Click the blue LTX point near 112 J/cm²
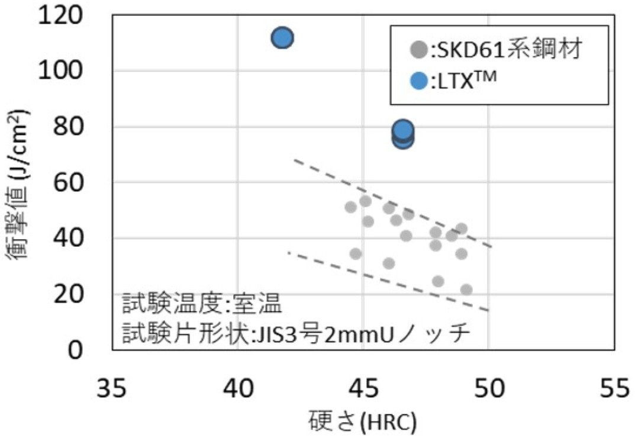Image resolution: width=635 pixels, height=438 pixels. coord(282,38)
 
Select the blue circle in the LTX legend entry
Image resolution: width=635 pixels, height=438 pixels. coord(419,82)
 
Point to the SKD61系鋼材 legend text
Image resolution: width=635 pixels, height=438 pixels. coord(508,50)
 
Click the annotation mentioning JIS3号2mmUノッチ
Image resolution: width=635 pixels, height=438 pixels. coord(296,334)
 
